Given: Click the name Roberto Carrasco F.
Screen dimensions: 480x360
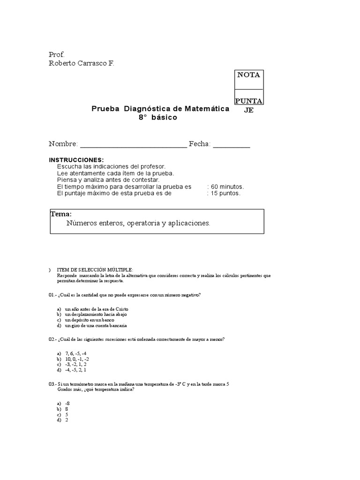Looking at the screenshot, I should pos(81,63).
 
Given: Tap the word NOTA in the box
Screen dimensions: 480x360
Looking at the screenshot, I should pos(248,75).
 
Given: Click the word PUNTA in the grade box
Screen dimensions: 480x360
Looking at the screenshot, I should pos(249,101).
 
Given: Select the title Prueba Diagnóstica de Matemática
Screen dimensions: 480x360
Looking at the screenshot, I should pos(160,109).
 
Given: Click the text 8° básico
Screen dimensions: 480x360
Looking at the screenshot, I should pos(157,117).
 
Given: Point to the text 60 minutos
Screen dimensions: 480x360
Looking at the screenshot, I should pos(227,187).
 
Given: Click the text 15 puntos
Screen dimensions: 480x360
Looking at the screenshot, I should pos(225,193).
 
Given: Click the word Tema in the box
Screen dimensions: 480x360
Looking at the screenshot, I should pos(61,214).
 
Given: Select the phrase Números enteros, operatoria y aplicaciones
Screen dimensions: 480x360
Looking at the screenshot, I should pos(138,224).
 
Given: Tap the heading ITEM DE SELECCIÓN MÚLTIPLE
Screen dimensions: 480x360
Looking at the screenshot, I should pos(95,270).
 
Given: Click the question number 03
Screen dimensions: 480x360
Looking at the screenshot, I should pos(52,384).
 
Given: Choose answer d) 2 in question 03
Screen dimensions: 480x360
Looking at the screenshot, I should pos(67,420).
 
